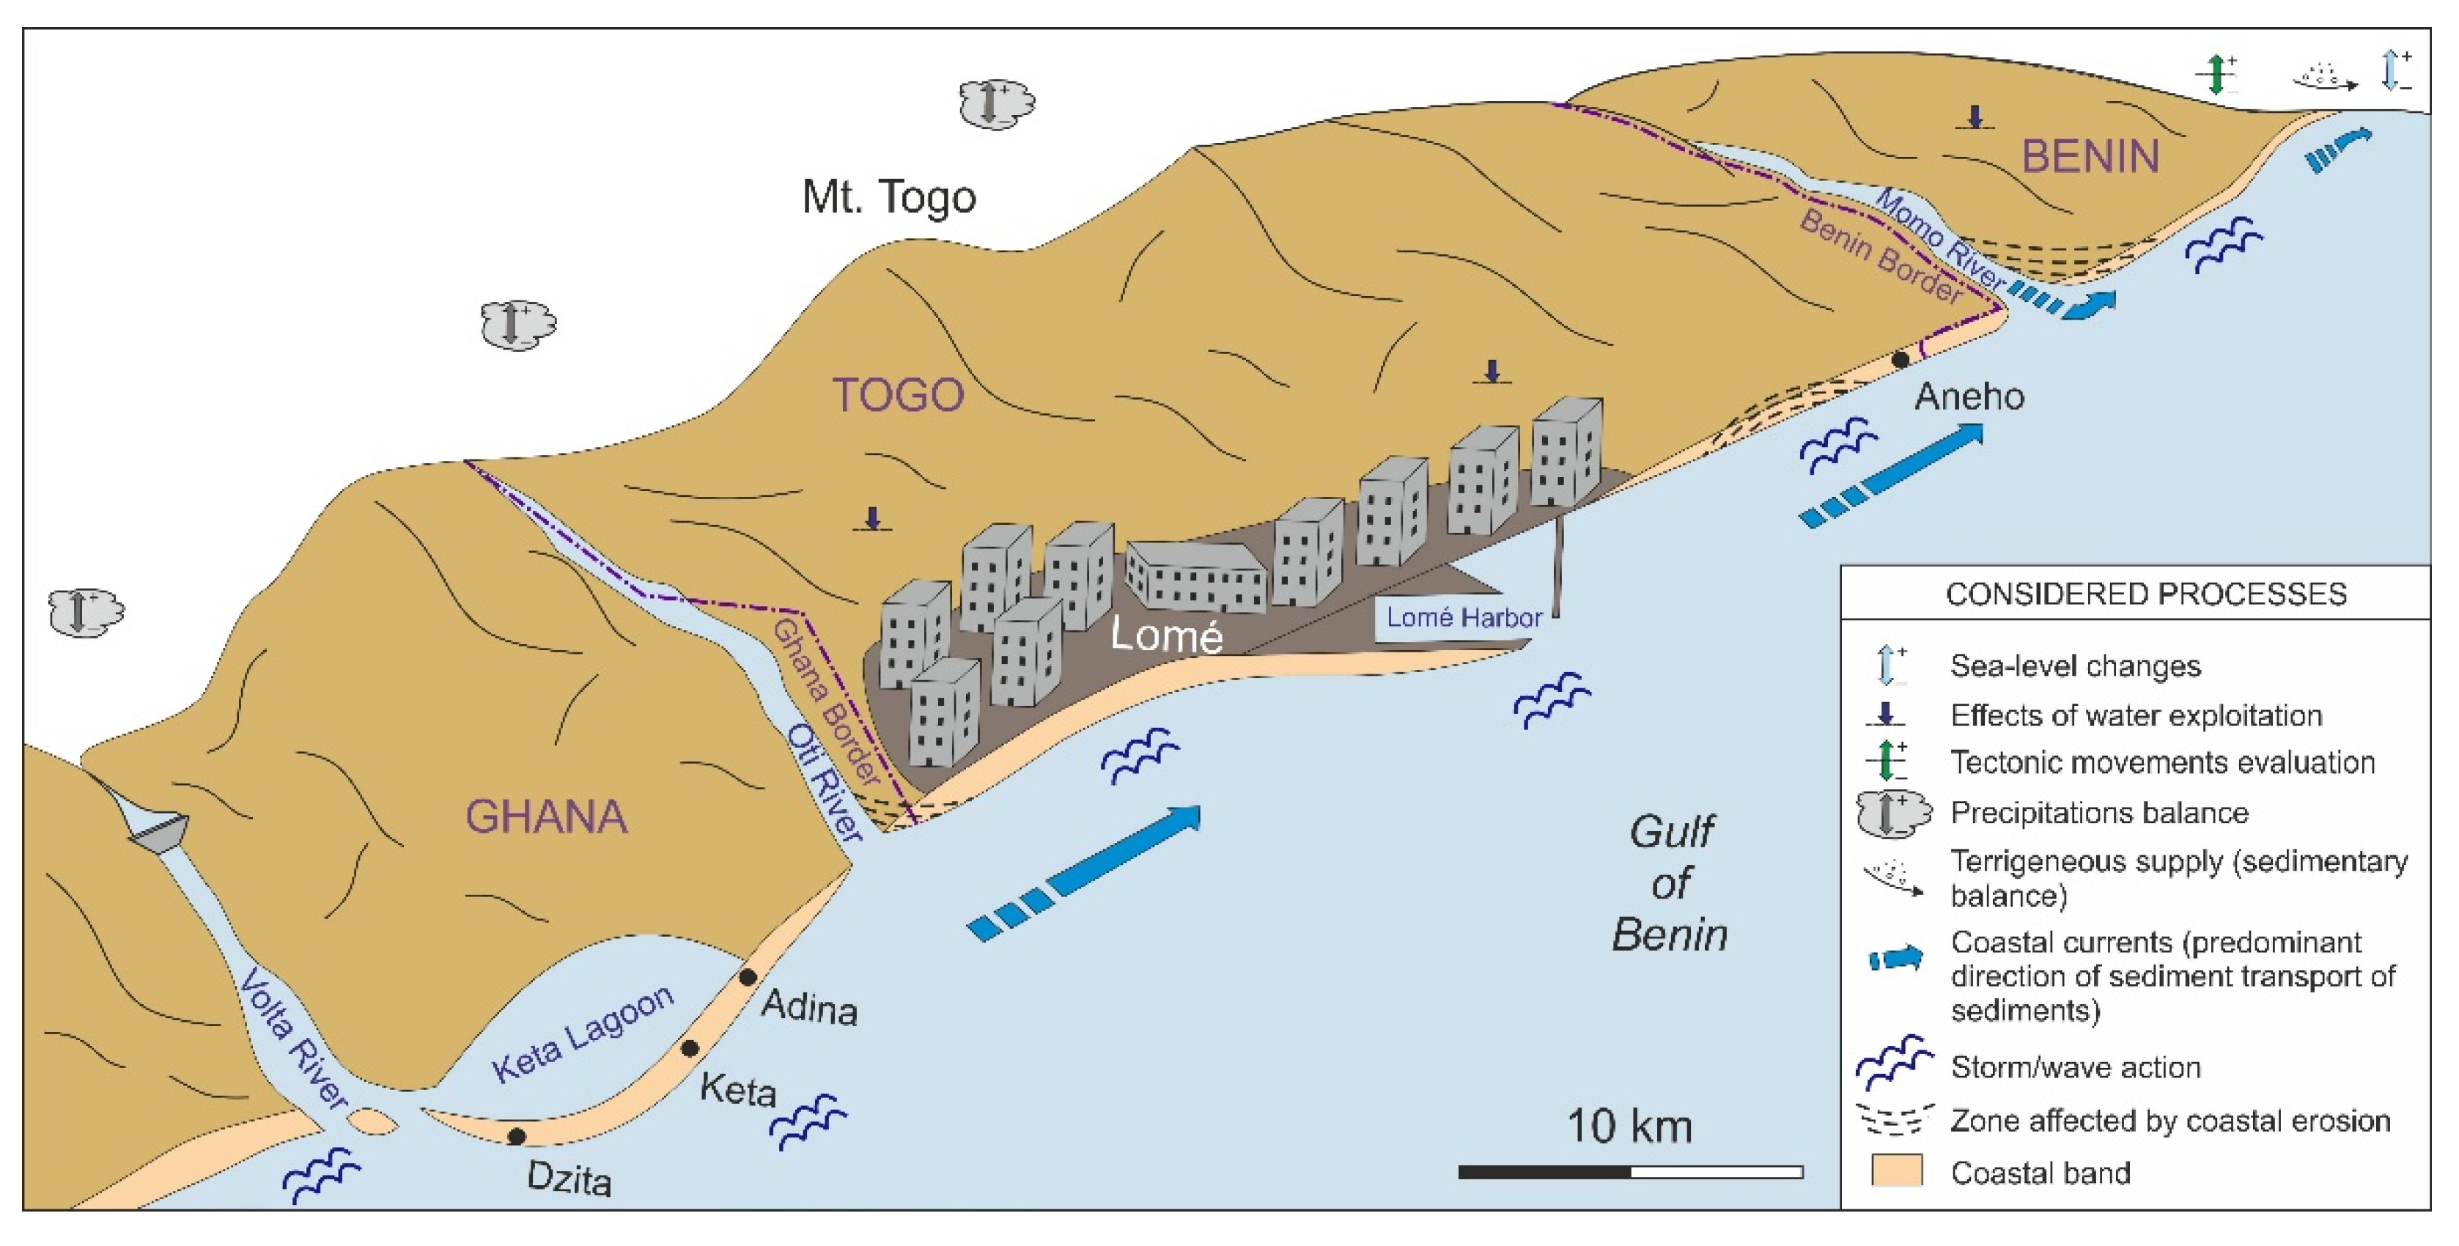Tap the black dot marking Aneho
tap(1901, 360)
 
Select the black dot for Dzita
tap(517, 1136)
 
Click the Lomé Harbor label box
tap(1464, 618)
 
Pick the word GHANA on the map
tap(546, 817)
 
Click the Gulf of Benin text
tap(1670, 883)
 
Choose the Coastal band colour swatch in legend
tap(1897, 1171)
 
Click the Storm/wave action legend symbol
tap(1894, 1063)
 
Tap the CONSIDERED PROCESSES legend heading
tap(2145, 594)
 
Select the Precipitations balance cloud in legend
tap(1893, 814)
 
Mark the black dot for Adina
tap(748, 978)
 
